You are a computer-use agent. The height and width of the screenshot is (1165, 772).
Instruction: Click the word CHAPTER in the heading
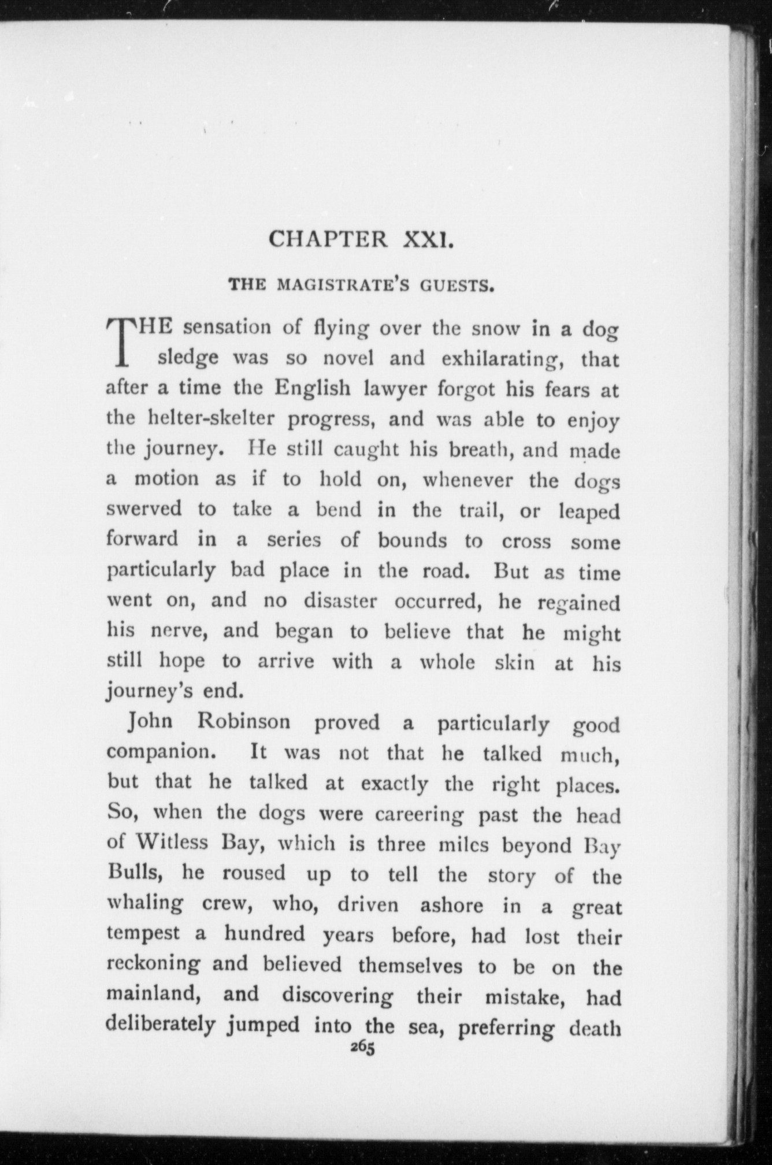[x=329, y=239]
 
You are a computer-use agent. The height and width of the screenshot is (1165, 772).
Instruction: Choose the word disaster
[x=341, y=601]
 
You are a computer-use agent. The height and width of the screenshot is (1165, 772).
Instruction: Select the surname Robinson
[x=244, y=722]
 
